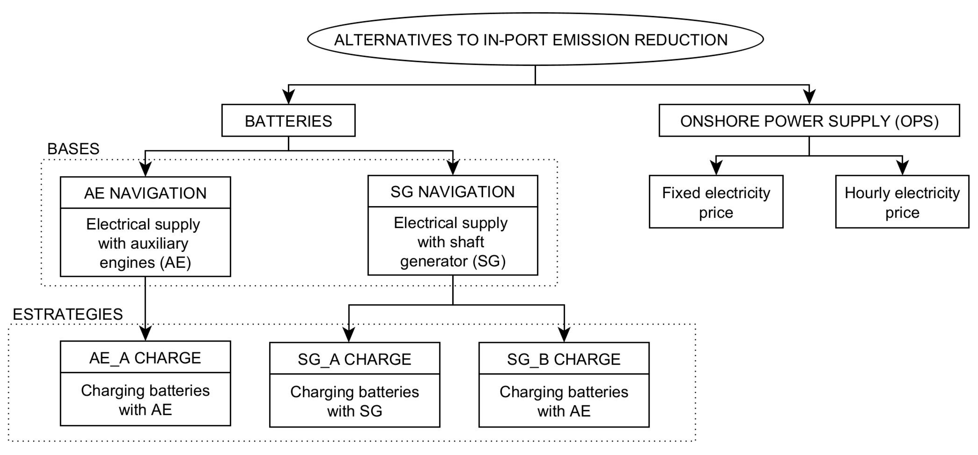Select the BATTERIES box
pyautogui.click(x=288, y=121)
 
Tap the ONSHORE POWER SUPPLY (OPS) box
pyautogui.click(x=809, y=121)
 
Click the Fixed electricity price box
pyautogui.click(x=716, y=202)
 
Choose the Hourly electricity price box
pyautogui.click(x=902, y=202)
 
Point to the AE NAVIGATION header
pyautogui.click(x=145, y=193)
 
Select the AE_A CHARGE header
pyautogui.click(x=145, y=357)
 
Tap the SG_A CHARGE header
pyautogui.click(x=354, y=359)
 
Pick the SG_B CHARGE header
pyautogui.click(x=564, y=359)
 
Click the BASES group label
pyautogui.click(x=73, y=149)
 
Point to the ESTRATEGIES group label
pyautogui.click(x=67, y=314)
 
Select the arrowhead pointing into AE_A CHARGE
pyautogui.click(x=145, y=333)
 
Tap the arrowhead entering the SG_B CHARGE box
pyautogui.click(x=564, y=335)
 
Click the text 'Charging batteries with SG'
pyautogui.click(x=354, y=401)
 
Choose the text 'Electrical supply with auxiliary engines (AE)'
pyautogui.click(x=144, y=243)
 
